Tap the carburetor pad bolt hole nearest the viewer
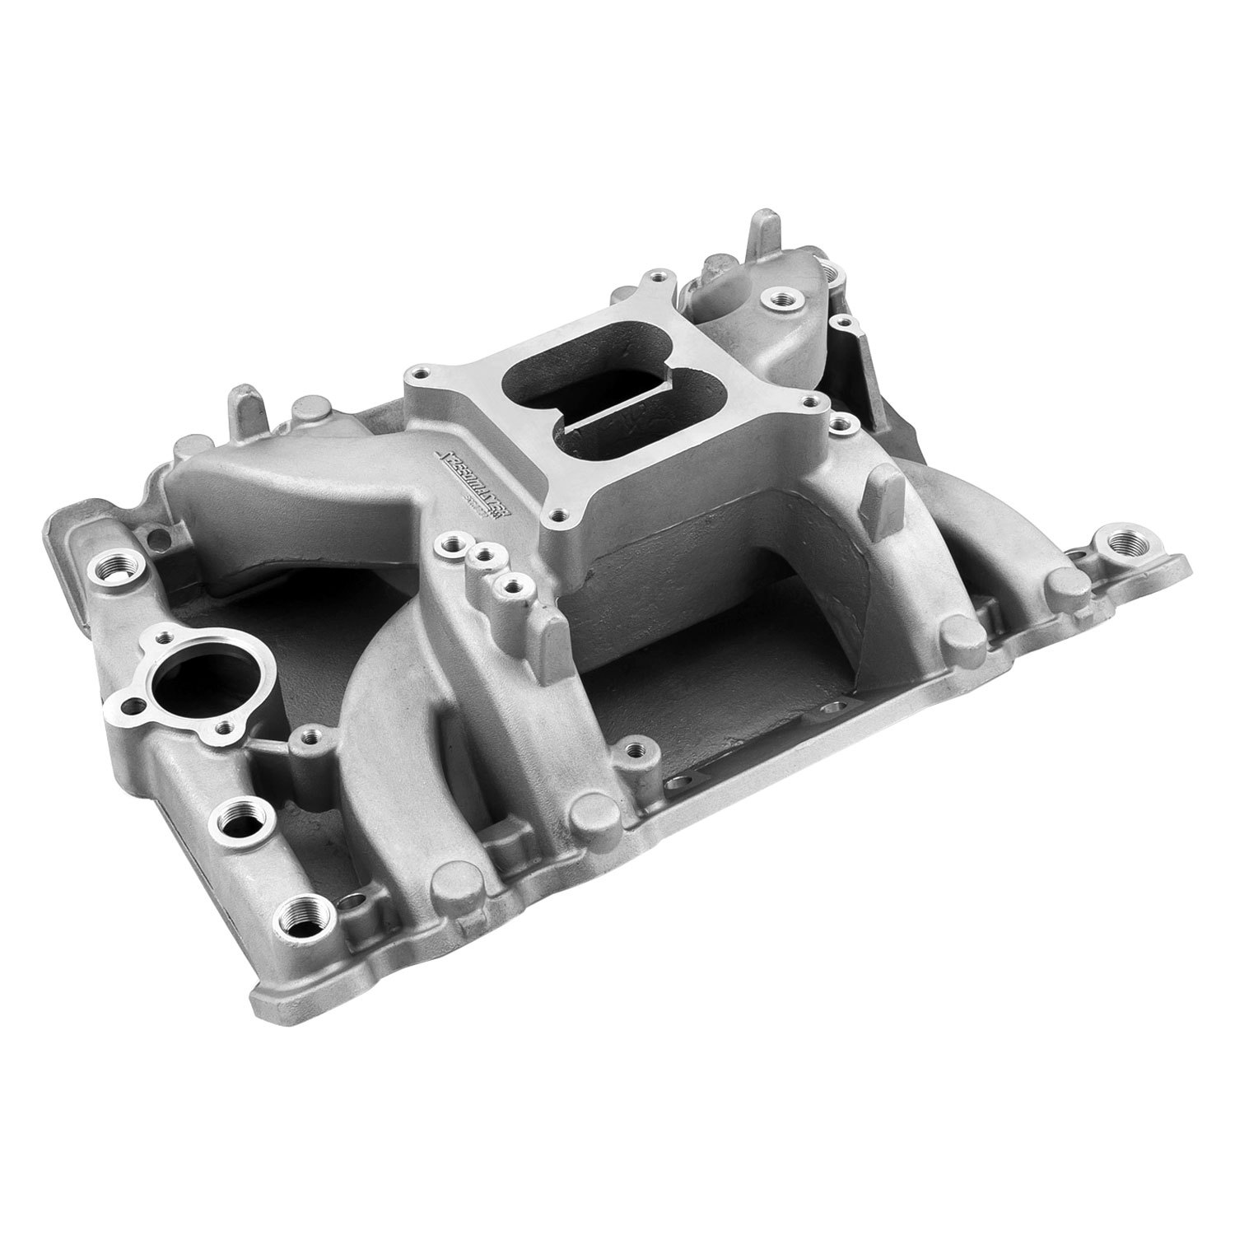pos(560,515)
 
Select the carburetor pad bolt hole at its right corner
pos(814,404)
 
